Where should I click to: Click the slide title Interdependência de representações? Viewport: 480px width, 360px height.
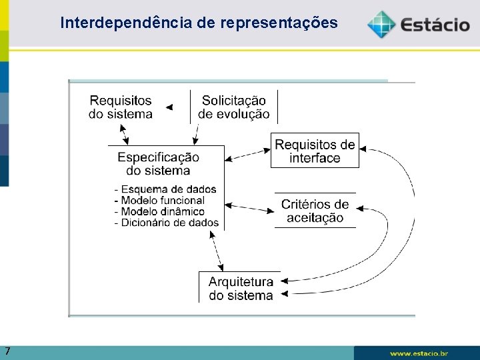point(199,23)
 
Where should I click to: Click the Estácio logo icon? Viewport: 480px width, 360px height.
point(381,24)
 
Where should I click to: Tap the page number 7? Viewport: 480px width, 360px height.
point(7,351)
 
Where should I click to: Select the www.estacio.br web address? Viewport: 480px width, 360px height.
point(419,353)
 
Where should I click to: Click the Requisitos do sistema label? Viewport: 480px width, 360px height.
point(121,107)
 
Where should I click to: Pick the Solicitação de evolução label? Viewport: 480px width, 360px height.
point(234,107)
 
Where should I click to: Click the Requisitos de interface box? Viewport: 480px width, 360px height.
point(315,151)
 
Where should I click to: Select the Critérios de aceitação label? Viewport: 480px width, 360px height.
point(315,211)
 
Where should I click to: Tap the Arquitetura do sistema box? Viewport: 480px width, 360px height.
point(241,288)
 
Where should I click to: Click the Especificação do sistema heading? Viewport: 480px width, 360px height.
point(158,163)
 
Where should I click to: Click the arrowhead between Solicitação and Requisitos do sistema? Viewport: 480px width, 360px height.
point(169,107)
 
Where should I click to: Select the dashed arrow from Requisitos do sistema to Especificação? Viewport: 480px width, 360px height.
point(123,134)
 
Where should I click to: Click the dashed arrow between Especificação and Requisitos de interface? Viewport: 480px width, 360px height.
point(247,155)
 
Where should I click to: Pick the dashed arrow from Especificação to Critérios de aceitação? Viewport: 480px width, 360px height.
point(249,207)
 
